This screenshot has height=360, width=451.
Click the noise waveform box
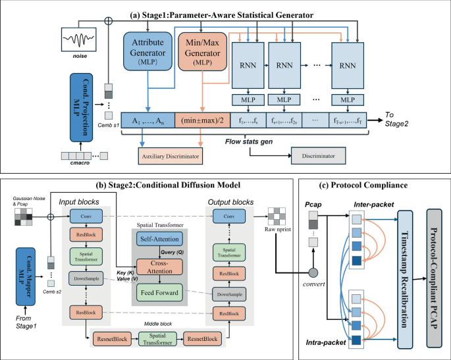tap(83, 41)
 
